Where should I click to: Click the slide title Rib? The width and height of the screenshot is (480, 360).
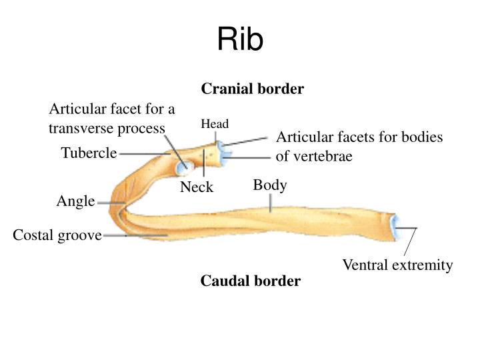coord(240,41)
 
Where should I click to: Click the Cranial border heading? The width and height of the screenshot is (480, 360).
coord(253,89)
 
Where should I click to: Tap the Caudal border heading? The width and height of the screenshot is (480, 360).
coord(251,281)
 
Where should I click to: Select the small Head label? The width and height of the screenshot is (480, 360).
coord(215,124)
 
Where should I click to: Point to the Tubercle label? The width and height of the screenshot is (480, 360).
coord(89,153)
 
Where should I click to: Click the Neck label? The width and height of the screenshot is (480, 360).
coord(197,187)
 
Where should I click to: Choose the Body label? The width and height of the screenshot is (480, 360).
coord(270,185)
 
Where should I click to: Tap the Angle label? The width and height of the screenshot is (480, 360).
coord(75,201)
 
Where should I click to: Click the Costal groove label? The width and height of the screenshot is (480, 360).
coord(57,235)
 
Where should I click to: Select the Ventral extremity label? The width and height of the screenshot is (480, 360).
coord(397,265)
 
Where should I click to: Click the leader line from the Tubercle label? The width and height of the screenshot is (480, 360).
coord(143,154)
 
